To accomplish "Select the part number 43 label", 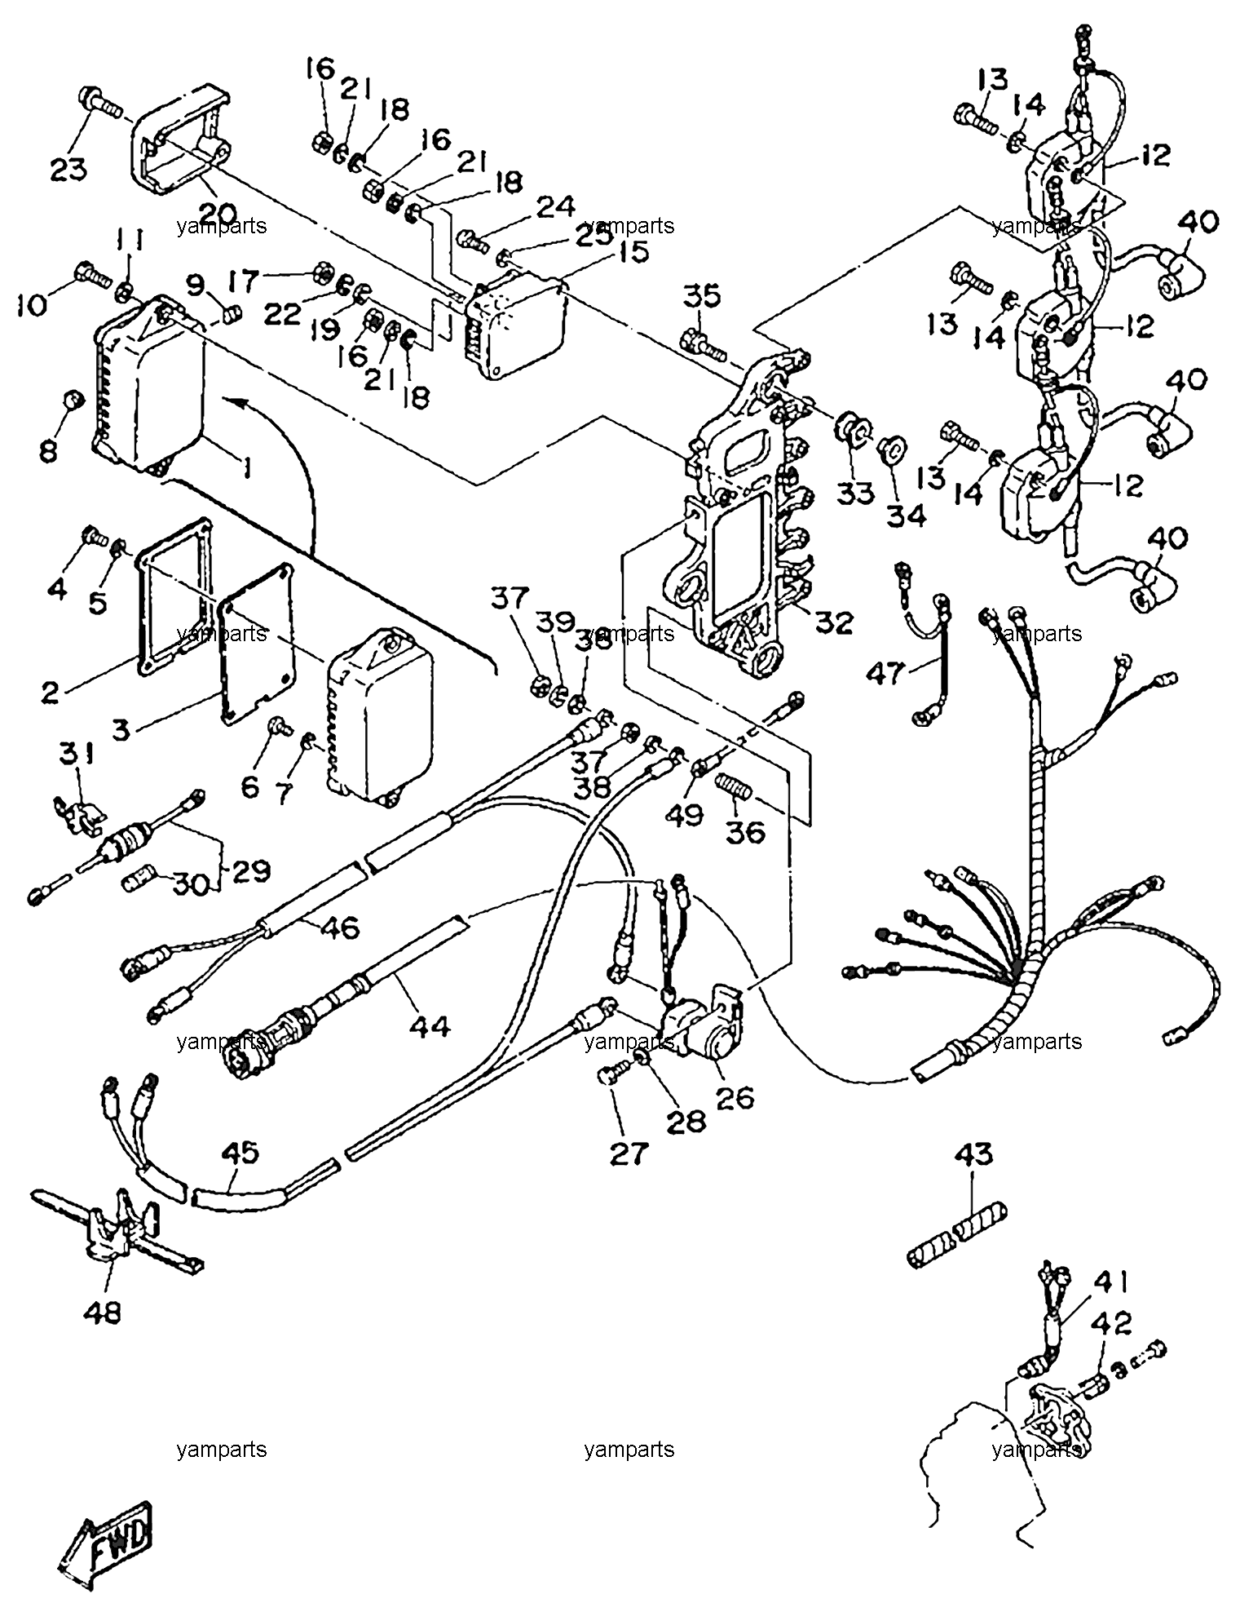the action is (972, 1154).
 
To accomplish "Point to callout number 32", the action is (831, 622).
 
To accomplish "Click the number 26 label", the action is (734, 1096).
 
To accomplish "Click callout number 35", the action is (703, 296).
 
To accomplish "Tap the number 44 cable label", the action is (430, 1025).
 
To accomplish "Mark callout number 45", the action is (240, 1153).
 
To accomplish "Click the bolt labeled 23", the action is (98, 103).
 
